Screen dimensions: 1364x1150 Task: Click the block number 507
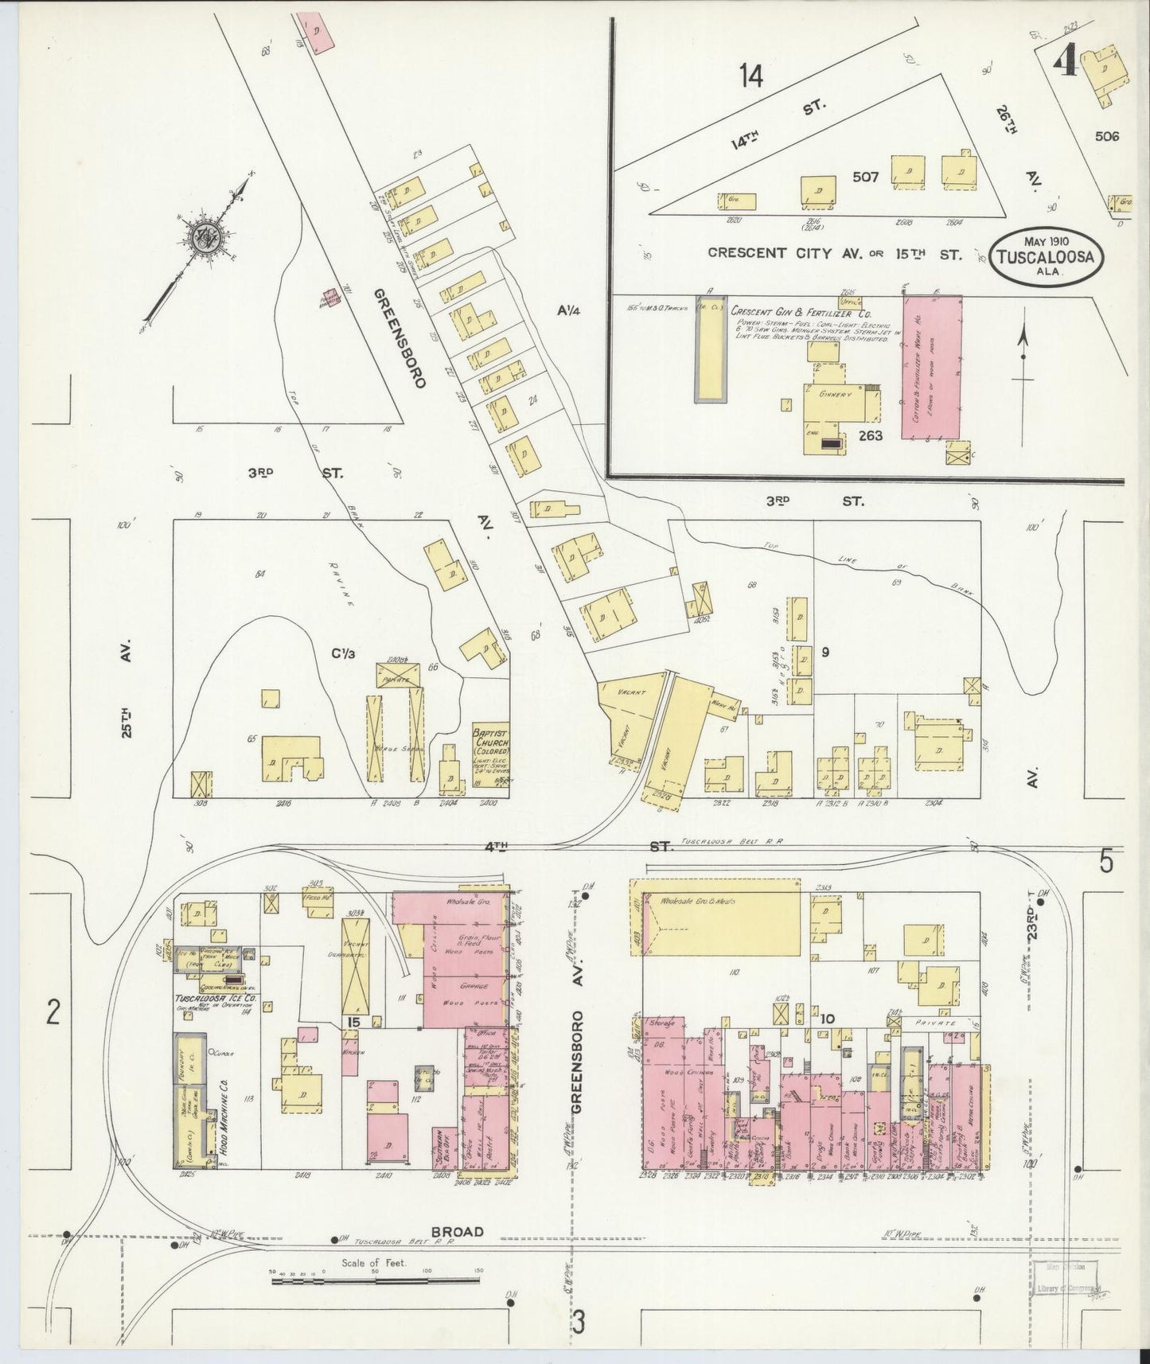pyautogui.click(x=865, y=177)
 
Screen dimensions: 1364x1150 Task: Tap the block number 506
pyautogui.click(x=1106, y=136)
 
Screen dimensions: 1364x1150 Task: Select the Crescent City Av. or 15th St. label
pyautogui.click(x=835, y=255)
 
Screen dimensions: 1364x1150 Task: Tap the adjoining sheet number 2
pyautogui.click(x=53, y=1013)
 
